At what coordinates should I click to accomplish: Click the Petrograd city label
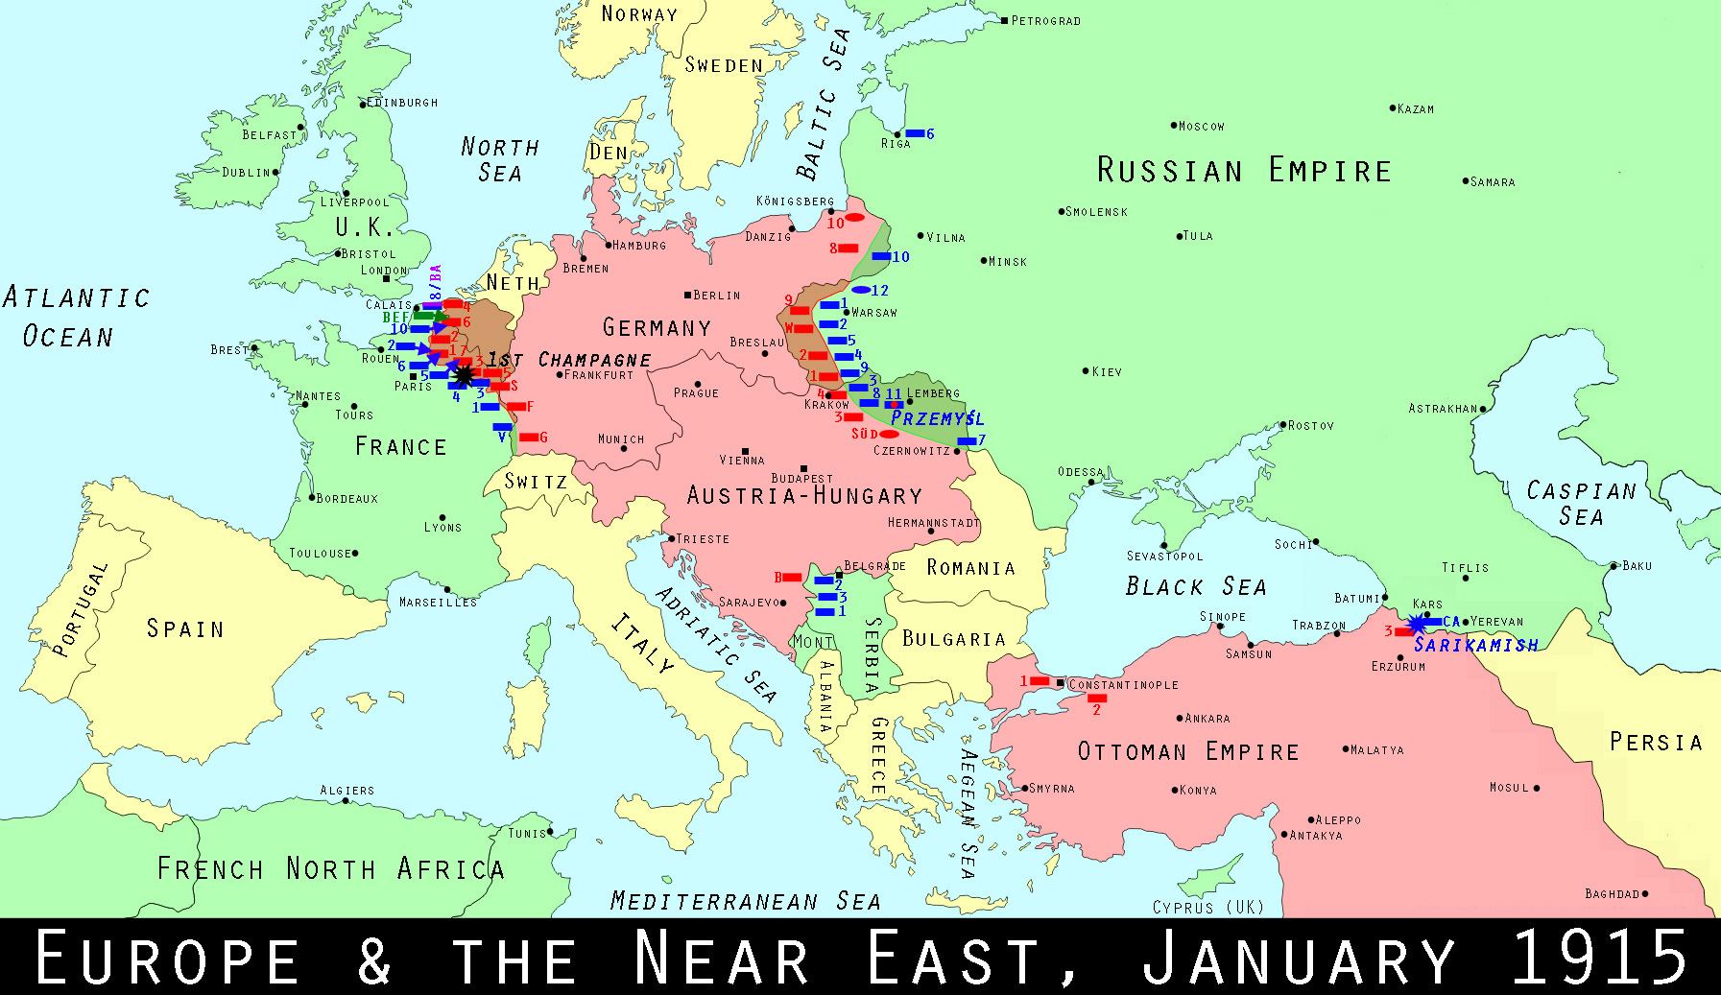tap(1045, 21)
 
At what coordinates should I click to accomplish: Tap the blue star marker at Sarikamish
tap(1416, 625)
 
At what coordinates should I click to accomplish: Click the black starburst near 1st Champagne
tap(464, 373)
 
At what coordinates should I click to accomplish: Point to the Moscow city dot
tap(1173, 126)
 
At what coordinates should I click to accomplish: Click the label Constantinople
tap(1123, 685)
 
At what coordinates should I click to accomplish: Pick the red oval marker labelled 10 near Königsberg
tap(854, 218)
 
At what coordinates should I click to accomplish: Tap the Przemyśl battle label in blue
tap(937, 418)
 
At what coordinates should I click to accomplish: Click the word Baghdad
tap(1612, 894)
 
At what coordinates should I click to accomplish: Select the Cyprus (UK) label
tap(1207, 907)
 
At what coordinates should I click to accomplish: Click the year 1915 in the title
tap(1599, 958)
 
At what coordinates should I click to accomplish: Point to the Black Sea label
tap(1195, 586)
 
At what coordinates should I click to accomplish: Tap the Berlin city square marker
tap(687, 295)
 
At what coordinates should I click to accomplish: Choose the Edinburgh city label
tap(402, 103)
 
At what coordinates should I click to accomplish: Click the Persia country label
tap(1655, 742)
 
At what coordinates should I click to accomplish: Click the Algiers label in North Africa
tap(347, 791)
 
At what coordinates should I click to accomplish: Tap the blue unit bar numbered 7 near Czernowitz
tap(967, 441)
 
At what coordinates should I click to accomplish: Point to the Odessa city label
tap(1080, 472)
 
